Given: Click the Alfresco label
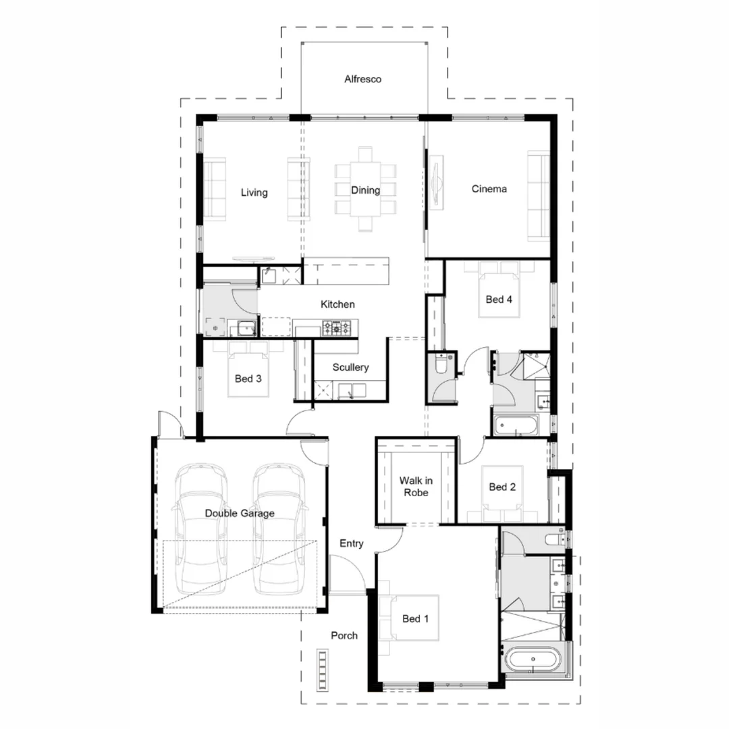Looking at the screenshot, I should pos(362,79).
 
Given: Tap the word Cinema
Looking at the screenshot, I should pos(489,189).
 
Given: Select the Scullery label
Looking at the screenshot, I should pos(350,367).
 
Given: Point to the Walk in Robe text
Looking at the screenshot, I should pos(415,486).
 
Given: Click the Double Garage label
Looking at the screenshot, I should pos(240,513).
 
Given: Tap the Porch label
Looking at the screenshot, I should pos(344,635).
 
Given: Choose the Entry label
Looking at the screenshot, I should pos(351,543).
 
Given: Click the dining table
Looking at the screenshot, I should pos(365,190).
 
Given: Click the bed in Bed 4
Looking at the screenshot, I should pos(500,292).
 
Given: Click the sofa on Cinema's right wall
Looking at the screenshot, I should pos(539,196).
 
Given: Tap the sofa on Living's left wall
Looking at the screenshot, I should pos(214,190).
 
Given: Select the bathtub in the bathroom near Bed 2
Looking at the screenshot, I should pos(516,426).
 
